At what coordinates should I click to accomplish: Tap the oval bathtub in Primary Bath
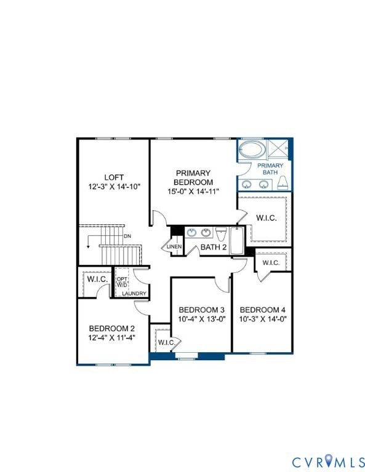pos(251,151)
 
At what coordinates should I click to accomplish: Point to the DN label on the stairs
pos(127,236)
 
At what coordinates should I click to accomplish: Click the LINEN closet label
pos(174,247)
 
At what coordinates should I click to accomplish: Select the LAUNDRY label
pos(134,294)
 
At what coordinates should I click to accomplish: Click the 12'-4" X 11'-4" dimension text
pos(113,337)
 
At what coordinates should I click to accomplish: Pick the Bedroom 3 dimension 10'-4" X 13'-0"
pos(201,319)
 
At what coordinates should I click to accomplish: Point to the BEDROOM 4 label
pos(262,309)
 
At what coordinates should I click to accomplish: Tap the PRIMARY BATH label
pos(270,169)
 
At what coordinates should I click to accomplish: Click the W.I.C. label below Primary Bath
pos(266,218)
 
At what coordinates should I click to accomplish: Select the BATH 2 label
pos(214,247)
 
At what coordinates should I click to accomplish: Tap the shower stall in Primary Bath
pos(281,149)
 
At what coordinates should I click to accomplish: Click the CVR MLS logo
pos(327,460)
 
